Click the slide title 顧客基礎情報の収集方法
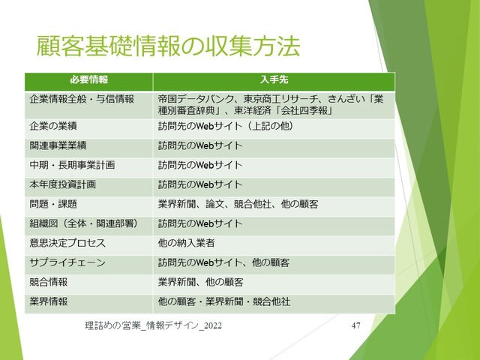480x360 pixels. [x=168, y=46]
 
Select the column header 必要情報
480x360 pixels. [x=89, y=79]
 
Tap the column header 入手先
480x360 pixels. [x=274, y=79]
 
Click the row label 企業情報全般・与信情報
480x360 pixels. [x=82, y=99]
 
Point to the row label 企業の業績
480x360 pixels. [x=53, y=126]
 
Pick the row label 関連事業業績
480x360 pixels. [x=58, y=145]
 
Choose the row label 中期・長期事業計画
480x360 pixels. [x=72, y=165]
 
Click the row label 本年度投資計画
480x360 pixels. [x=63, y=184]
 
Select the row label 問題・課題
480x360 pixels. [x=53, y=204]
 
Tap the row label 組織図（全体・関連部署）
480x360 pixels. [x=84, y=223]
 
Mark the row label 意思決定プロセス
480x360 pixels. [x=67, y=243]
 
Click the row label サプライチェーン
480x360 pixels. [x=67, y=263]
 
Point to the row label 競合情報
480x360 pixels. [x=48, y=282]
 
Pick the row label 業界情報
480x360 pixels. [x=48, y=301]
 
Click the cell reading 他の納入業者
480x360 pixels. [x=186, y=243]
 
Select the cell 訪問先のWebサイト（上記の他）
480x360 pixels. [x=226, y=126]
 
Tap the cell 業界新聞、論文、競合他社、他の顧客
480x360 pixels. [x=238, y=204]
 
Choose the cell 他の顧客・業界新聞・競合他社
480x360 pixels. [x=224, y=301]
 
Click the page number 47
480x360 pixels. [x=355, y=325]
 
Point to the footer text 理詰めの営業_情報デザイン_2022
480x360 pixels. [x=153, y=325]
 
